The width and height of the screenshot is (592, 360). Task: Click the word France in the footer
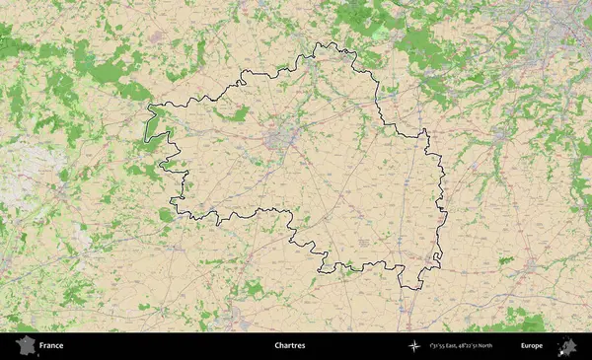[x=51, y=346]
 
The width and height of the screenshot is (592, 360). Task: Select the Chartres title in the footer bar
[x=290, y=346]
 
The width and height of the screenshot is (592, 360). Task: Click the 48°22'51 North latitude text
[x=484, y=346]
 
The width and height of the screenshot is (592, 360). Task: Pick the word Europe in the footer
[x=532, y=346]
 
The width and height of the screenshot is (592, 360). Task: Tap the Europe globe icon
[x=568, y=346]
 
